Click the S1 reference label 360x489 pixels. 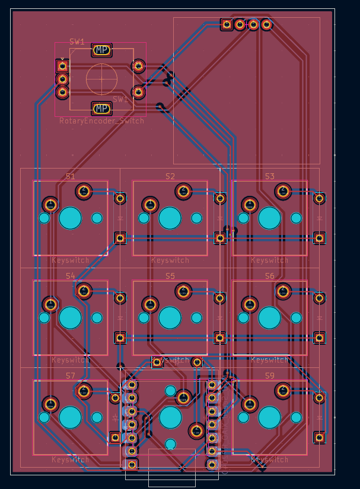click(x=70, y=176)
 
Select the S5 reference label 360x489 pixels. click(x=170, y=276)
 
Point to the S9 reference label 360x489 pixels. click(x=270, y=376)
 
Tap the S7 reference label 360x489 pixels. click(x=70, y=376)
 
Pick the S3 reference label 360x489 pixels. click(x=270, y=176)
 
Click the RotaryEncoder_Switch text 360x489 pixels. click(x=101, y=121)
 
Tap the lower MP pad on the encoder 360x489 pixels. click(x=102, y=109)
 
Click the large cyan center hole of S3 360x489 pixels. click(x=270, y=218)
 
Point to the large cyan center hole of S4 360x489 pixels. click(x=70, y=317)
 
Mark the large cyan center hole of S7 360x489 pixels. click(x=70, y=417)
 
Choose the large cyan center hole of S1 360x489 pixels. click(x=70, y=218)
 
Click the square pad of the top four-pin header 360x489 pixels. click(x=227, y=24)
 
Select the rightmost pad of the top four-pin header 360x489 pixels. click(x=267, y=24)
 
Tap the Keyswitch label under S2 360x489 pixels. click(x=170, y=260)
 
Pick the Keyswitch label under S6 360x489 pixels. click(x=270, y=360)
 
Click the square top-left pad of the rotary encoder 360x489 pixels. click(x=62, y=66)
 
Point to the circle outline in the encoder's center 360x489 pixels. click(x=101, y=79)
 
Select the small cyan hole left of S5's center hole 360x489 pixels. click(x=144, y=317)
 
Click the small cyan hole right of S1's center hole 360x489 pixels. click(x=97, y=218)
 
